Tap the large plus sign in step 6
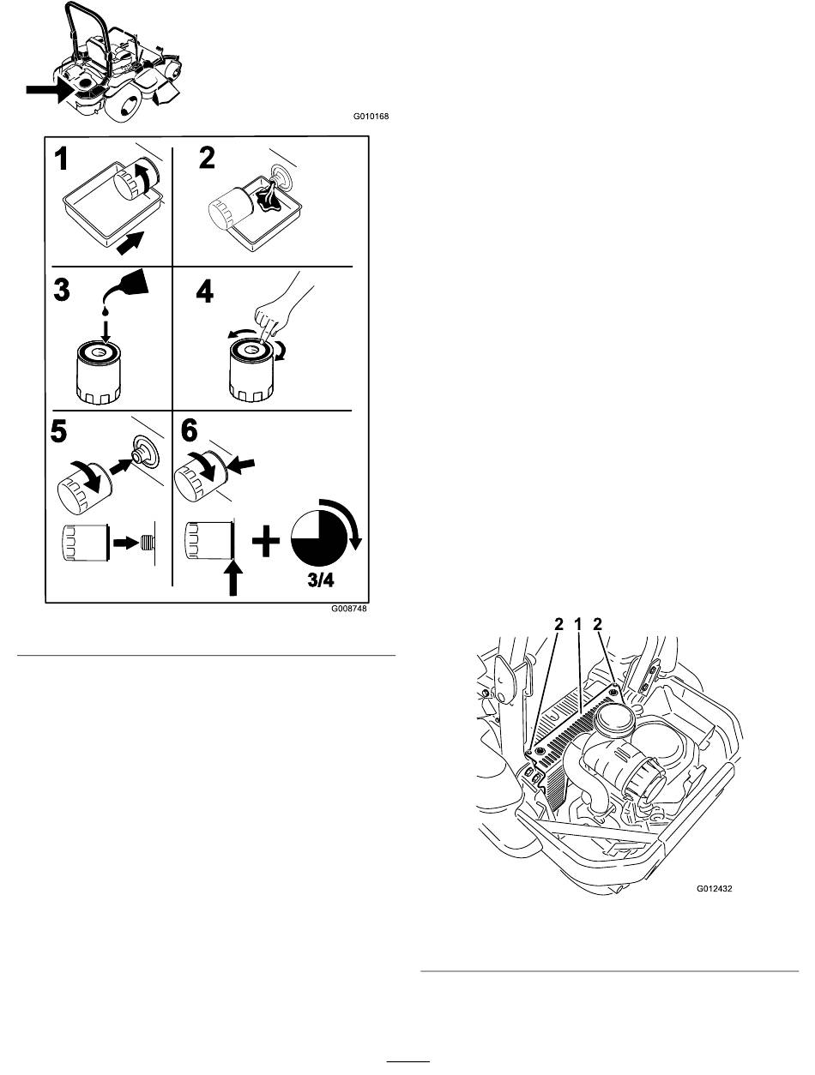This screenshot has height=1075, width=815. (267, 542)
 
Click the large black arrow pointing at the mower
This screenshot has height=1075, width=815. (50, 88)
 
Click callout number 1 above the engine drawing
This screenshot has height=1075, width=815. (578, 626)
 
